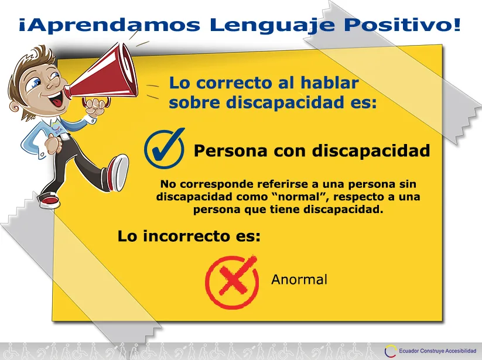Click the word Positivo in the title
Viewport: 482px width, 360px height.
pos(403,25)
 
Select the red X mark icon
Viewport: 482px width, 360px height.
pos(232,282)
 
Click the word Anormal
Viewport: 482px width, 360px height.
pos(299,280)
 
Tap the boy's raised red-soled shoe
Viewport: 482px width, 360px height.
pos(117,173)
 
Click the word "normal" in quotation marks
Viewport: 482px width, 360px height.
pos(299,197)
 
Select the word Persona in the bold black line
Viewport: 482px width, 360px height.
pos(230,150)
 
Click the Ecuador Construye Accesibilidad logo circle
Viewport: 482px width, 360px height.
pos(390,351)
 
